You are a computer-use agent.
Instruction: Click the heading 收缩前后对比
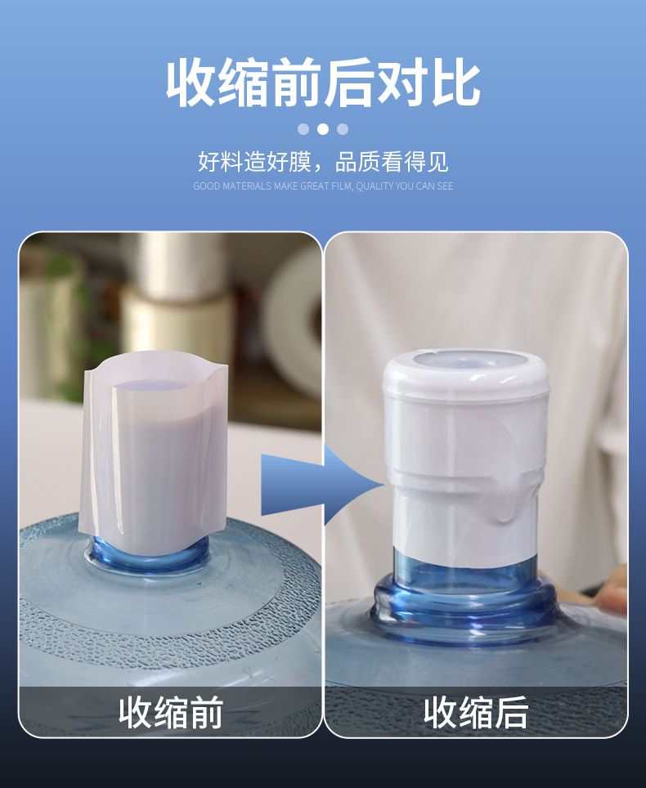coord(323,83)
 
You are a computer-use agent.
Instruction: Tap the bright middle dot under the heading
coord(323,129)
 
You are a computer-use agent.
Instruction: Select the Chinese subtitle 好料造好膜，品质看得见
coord(323,162)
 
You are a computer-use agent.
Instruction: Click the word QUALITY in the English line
coord(375,186)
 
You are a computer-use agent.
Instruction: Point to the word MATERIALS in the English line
coord(247,186)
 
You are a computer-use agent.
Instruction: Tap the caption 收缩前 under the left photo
coord(171,712)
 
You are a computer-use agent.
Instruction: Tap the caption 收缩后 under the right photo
coord(476,712)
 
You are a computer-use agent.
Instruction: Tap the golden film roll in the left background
coord(176,321)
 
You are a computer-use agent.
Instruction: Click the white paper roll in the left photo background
coord(295,321)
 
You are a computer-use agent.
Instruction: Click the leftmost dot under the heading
coord(303,129)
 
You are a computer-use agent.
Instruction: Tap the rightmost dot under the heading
coord(343,129)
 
